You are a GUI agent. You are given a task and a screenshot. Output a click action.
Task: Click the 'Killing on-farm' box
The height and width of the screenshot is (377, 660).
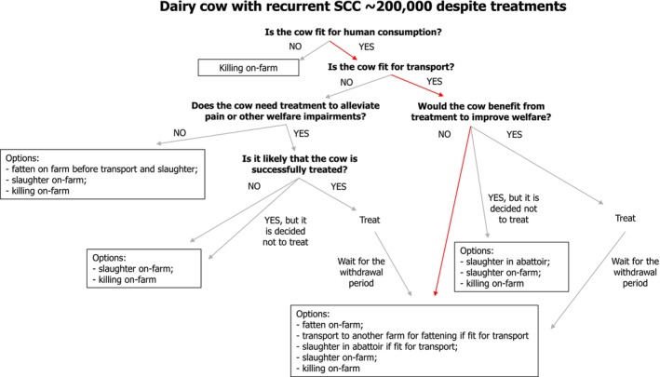(249, 68)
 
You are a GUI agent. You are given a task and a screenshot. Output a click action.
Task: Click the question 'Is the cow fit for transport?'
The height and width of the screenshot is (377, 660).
(391, 67)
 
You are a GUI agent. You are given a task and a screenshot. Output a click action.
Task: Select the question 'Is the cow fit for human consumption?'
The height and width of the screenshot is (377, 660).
(353, 32)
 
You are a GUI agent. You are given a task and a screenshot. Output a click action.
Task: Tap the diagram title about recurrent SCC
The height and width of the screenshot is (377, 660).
(363, 7)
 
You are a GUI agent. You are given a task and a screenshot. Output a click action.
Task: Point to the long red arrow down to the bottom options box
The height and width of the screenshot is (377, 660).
(453, 211)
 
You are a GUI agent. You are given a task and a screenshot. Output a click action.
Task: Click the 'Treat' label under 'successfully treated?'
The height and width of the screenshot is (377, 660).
(370, 220)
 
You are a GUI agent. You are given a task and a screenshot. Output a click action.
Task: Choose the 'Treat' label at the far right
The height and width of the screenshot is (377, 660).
(625, 218)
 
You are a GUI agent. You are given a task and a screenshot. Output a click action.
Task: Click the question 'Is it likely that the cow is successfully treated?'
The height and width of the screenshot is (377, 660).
(300, 164)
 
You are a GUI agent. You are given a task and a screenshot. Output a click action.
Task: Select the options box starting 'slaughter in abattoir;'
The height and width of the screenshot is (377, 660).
(511, 267)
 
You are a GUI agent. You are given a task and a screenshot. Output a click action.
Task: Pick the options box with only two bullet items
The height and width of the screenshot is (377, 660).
(144, 268)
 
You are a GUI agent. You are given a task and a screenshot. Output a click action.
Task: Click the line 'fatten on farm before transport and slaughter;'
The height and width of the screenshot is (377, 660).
(101, 169)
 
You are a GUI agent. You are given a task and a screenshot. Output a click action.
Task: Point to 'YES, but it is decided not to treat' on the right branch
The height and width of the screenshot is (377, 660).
(514, 209)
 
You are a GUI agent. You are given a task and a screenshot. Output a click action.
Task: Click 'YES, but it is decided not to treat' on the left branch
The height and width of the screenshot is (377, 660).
(286, 231)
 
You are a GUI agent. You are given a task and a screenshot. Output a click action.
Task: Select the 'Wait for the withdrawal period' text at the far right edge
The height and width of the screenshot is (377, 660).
(635, 272)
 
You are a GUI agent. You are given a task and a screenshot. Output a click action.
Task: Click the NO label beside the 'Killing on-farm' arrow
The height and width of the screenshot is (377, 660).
(295, 47)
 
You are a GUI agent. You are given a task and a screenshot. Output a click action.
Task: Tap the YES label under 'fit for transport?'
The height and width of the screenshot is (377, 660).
(435, 81)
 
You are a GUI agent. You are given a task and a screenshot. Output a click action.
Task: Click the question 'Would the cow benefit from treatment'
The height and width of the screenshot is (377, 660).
(481, 112)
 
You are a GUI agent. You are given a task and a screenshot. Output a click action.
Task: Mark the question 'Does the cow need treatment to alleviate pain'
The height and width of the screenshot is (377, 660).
(286, 111)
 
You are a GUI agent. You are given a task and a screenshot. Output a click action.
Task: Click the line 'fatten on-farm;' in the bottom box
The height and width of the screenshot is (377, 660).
(330, 325)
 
